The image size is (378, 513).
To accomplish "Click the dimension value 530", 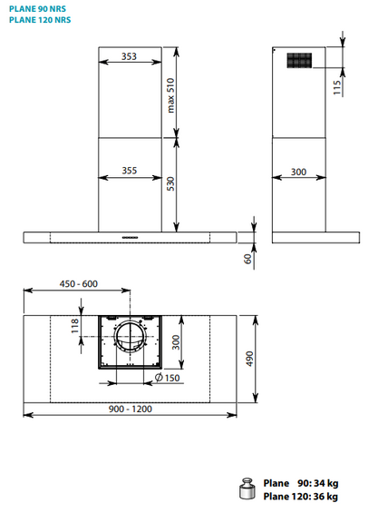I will [170, 184].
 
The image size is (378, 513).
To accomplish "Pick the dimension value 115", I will [336, 87].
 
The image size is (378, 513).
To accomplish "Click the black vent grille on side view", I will [299, 61].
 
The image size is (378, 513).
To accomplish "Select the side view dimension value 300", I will [299, 171].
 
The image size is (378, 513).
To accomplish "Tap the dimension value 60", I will [247, 258].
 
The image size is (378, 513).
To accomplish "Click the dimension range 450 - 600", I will [78, 284].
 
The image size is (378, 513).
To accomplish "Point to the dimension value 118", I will [76, 324].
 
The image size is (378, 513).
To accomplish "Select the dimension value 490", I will [247, 359].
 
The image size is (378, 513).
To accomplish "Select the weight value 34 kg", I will [322, 483].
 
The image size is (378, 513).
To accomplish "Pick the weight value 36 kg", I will [322, 497].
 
